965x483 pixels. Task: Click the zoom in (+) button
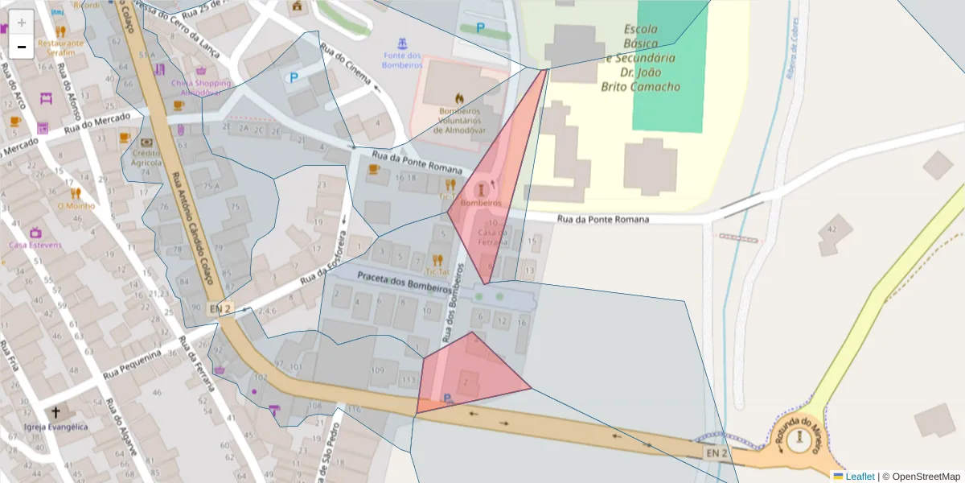click(x=22, y=22)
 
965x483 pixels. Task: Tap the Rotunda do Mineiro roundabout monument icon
click(x=800, y=439)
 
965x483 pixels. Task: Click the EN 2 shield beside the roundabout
click(x=717, y=454)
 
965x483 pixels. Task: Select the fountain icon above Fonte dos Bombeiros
click(x=402, y=42)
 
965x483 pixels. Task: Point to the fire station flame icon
click(x=458, y=97)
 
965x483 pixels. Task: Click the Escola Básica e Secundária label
click(x=641, y=58)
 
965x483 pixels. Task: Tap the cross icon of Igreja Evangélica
click(x=55, y=412)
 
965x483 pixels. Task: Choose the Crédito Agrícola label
click(x=147, y=158)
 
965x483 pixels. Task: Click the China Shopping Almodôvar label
click(x=199, y=87)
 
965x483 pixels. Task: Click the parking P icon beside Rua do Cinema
click(x=294, y=78)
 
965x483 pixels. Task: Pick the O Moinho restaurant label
click(x=76, y=205)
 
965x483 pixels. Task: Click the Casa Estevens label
click(x=35, y=245)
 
